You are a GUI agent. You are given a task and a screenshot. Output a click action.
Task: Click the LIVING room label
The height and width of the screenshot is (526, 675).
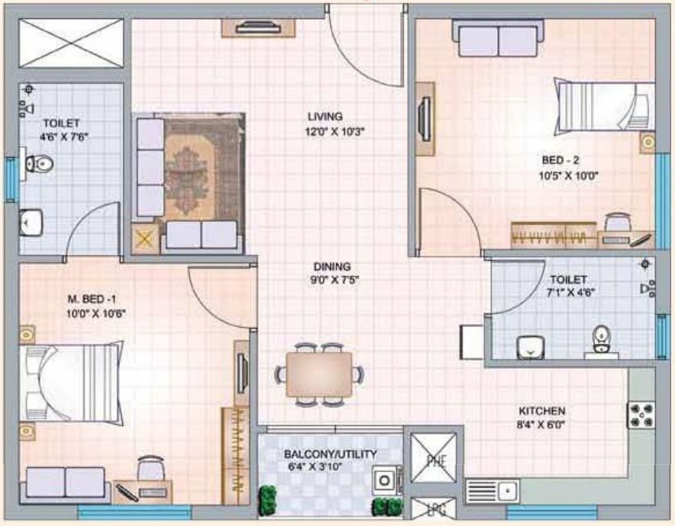[325, 116]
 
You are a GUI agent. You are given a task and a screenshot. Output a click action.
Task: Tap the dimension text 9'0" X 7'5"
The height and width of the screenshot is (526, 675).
[335, 281]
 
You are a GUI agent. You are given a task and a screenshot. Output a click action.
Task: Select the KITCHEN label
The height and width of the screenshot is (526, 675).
[542, 411]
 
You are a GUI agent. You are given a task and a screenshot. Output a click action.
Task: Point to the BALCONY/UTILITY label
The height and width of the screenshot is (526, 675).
[330, 454]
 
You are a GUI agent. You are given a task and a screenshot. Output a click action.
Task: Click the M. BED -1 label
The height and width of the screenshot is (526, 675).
[92, 299]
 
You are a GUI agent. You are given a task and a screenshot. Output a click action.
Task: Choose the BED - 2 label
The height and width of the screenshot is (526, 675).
[560, 160]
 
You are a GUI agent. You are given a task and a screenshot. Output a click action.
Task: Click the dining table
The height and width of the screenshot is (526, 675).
[319, 374]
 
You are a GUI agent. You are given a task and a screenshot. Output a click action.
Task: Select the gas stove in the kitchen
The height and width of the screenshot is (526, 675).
[641, 415]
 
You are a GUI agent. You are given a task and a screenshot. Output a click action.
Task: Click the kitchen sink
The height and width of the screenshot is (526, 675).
[493, 491]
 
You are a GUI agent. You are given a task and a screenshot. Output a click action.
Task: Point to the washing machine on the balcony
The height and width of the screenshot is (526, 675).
[386, 479]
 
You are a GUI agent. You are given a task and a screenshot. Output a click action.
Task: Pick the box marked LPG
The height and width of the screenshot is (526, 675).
[432, 508]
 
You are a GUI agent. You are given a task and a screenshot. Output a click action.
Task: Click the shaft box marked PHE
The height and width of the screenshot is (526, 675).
[433, 458]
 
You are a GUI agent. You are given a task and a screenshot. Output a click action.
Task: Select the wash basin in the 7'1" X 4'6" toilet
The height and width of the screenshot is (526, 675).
[530, 347]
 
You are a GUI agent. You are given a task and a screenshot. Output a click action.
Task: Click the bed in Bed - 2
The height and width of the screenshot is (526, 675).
[604, 105]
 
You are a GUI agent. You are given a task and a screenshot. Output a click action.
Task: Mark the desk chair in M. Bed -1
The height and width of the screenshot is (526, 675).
[151, 467]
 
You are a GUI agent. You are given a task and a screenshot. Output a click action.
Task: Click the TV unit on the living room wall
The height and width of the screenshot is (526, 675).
[259, 27]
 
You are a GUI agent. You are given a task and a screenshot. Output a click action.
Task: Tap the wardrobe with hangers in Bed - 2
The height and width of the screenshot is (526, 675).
[554, 236]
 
